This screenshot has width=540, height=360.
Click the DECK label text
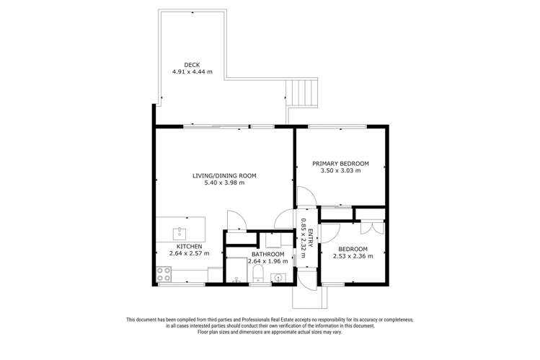[x=191, y=65]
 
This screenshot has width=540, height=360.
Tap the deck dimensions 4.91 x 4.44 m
[x=191, y=72]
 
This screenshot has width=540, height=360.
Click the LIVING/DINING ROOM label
[x=223, y=175]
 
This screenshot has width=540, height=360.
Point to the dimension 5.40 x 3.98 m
[x=223, y=183]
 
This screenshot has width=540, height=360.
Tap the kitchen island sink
[x=180, y=233]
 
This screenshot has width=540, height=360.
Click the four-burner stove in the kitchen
[x=164, y=274]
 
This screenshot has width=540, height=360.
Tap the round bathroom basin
[x=283, y=276]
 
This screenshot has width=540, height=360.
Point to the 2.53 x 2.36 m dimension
[x=351, y=255]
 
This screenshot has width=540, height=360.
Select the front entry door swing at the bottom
[x=307, y=279]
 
